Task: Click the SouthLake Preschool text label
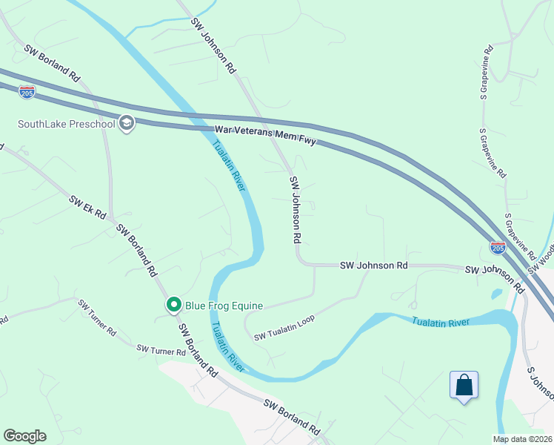tap(67, 123)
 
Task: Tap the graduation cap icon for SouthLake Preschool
tap(127, 123)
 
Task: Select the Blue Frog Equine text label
tap(219, 305)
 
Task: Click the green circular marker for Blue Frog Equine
tap(173, 305)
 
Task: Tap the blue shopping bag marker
tap(464, 386)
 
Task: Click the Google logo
tap(24, 436)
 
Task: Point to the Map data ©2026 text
tap(522, 439)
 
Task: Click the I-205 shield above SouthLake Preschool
tap(27, 93)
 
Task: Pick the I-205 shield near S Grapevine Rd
tap(498, 247)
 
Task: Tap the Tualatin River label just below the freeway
tap(229, 166)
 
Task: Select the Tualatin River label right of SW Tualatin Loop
tap(441, 322)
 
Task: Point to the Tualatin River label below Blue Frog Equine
tap(226, 346)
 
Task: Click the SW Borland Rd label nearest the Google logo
tap(292, 416)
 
